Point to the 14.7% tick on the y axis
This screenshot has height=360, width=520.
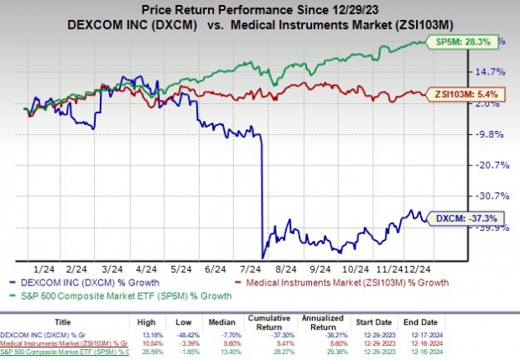click(491, 72)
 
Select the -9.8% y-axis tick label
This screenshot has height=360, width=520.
click(491, 133)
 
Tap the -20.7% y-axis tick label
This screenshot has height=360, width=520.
click(491, 164)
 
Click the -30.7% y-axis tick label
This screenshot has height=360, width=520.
click(491, 195)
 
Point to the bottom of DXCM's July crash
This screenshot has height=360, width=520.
click(263, 257)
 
